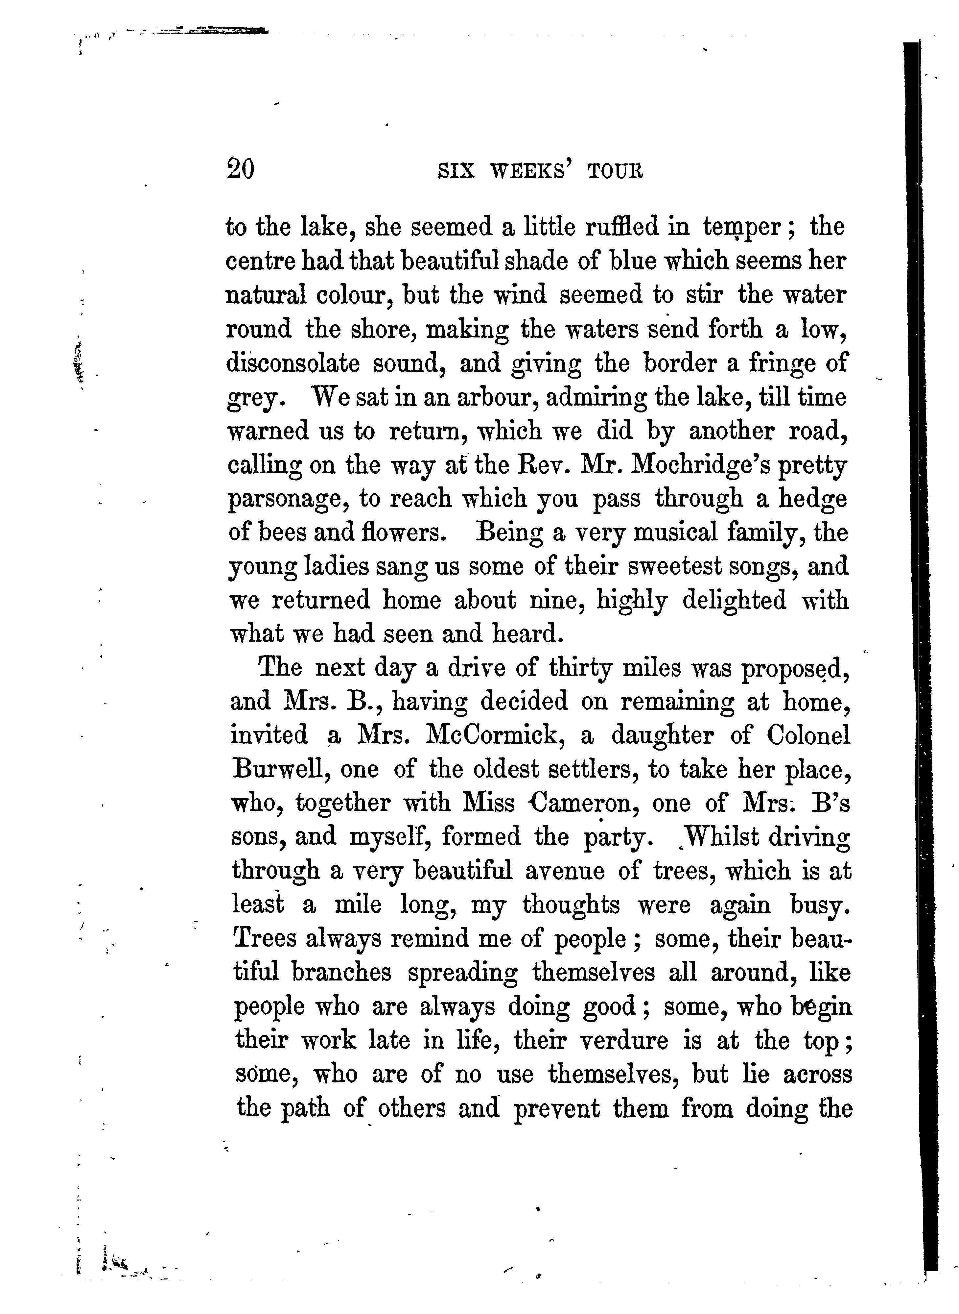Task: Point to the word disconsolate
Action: [292, 364]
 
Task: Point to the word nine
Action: [555, 600]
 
